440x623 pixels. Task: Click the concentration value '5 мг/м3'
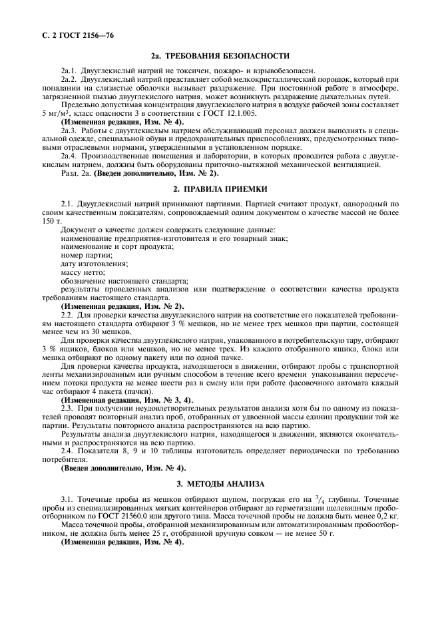pos(56,112)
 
